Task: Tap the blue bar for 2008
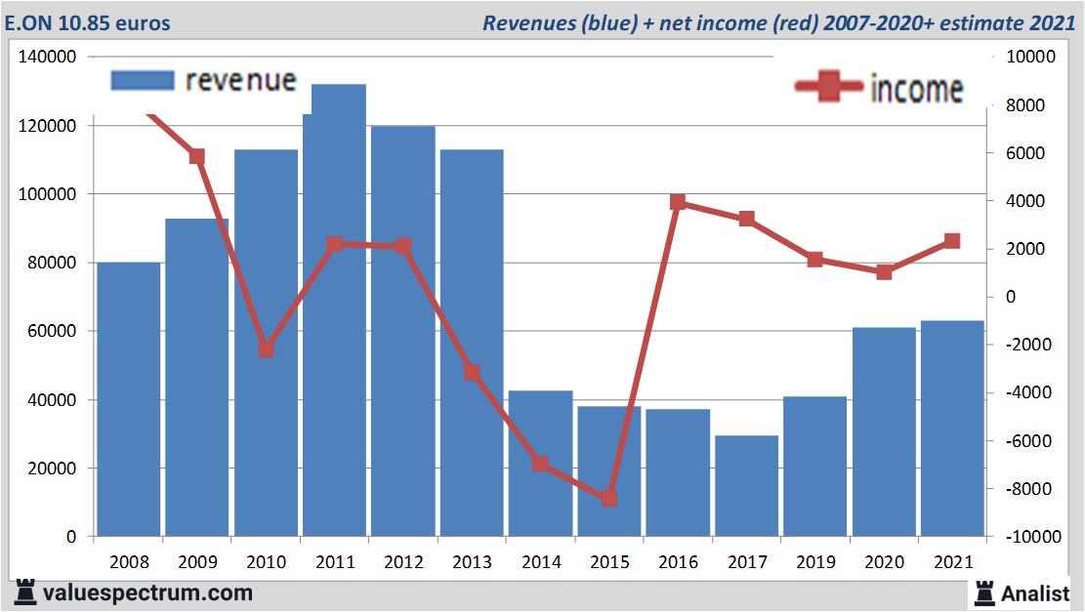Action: (x=129, y=399)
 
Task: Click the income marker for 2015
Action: (x=609, y=498)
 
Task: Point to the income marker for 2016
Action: (x=678, y=202)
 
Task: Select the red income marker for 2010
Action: (x=266, y=348)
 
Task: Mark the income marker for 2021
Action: (x=952, y=241)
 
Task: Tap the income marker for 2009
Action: (x=197, y=156)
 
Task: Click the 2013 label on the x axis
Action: (x=472, y=562)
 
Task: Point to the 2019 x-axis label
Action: (x=815, y=562)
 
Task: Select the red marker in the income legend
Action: (x=829, y=88)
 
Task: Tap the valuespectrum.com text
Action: (x=147, y=592)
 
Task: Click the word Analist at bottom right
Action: (x=1035, y=592)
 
